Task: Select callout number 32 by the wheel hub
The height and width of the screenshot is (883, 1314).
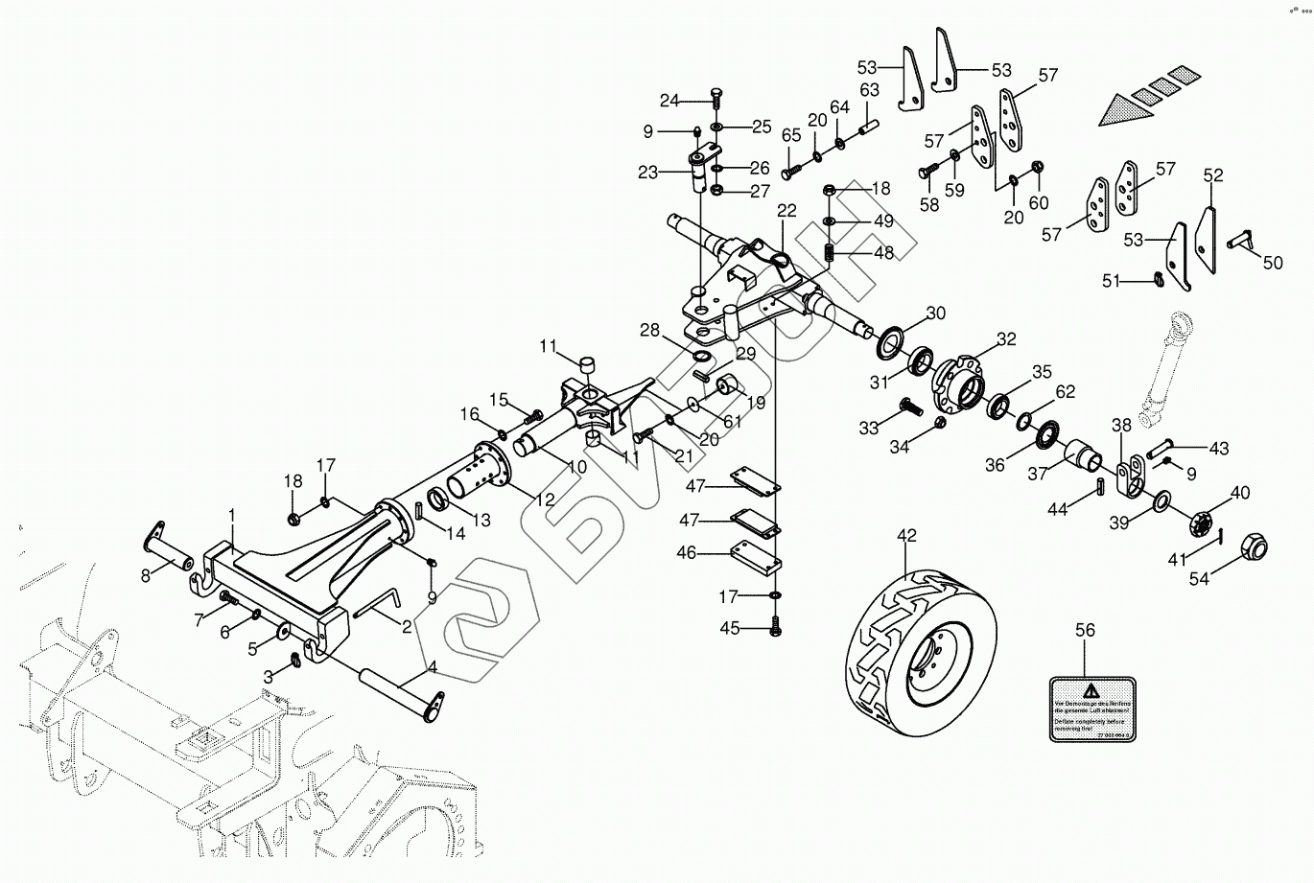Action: click(1005, 338)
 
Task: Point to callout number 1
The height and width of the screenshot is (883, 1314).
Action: click(231, 517)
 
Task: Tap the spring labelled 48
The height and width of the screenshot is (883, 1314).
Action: click(832, 253)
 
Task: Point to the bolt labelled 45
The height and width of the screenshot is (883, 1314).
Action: click(775, 628)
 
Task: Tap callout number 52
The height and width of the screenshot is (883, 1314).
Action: click(1214, 175)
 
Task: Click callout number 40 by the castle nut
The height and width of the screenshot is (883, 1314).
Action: click(1240, 493)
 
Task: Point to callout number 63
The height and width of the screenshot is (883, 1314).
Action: click(869, 91)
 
